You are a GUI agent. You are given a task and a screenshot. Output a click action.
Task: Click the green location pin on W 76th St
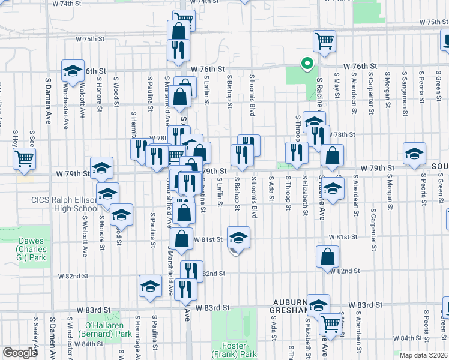(307, 62)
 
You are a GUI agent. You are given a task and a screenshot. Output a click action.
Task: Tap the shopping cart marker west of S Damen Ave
(25, 158)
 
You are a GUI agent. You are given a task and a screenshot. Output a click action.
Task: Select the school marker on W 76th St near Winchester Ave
(73, 70)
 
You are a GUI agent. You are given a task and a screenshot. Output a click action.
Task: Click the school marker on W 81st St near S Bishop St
(238, 238)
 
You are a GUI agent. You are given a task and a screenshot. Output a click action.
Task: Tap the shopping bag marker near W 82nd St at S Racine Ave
(327, 256)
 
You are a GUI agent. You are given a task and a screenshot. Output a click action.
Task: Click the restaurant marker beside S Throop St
(296, 152)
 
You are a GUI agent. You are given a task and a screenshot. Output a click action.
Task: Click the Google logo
(20, 353)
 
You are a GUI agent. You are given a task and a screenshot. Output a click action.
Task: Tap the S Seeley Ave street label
(36, 337)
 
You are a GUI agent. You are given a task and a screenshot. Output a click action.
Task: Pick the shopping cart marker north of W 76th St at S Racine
(324, 41)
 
